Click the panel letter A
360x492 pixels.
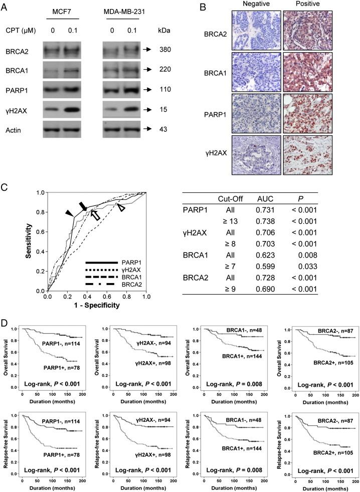click(x=5, y=6)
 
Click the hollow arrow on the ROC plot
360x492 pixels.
click(x=95, y=215)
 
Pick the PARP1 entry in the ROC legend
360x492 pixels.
click(x=130, y=263)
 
